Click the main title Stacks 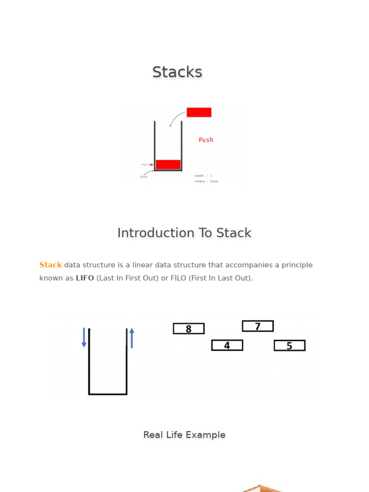pos(177,72)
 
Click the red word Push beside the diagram pos(206,140)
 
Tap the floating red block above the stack pos(199,112)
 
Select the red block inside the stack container pos(168,164)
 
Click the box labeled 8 pos(189,329)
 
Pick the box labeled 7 pos(258,326)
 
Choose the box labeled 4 pos(227,345)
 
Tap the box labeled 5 pos(289,345)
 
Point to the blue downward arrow pos(84,337)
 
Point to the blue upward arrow pos(132,338)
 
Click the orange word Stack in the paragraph pos(50,265)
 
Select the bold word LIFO pos(85,278)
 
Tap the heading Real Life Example pos(184,435)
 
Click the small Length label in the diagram pos(199,176)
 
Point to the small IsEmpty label pos(200,181)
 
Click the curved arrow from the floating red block pos(175,117)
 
